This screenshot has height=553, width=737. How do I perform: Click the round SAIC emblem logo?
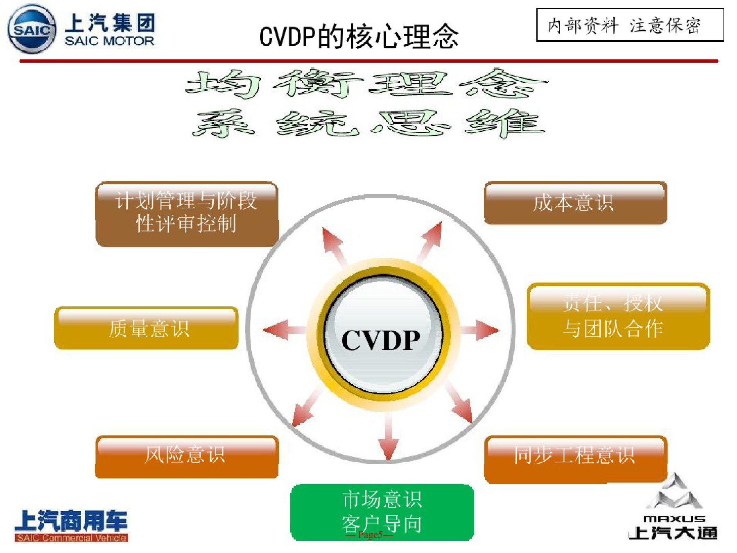click(x=32, y=29)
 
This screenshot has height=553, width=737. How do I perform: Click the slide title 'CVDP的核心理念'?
click(x=359, y=36)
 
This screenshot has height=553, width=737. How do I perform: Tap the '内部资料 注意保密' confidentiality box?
click(x=630, y=25)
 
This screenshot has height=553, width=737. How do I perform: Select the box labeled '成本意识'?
click(x=575, y=203)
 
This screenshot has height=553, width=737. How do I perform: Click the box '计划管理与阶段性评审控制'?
click(x=187, y=213)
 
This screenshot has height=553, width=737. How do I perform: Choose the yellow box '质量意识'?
click(x=146, y=328)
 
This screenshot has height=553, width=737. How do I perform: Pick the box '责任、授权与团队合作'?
click(x=618, y=316)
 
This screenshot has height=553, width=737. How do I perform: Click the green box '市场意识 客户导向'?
click(x=382, y=512)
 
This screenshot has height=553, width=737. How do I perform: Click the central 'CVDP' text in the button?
click(x=381, y=340)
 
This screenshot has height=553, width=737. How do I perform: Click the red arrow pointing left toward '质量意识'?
click(x=285, y=330)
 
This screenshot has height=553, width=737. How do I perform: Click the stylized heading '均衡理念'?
click(x=366, y=84)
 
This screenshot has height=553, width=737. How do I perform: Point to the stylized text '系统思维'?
click(x=368, y=123)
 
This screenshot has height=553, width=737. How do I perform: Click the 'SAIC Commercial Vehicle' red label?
click(x=71, y=538)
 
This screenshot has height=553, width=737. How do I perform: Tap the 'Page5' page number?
click(x=370, y=535)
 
